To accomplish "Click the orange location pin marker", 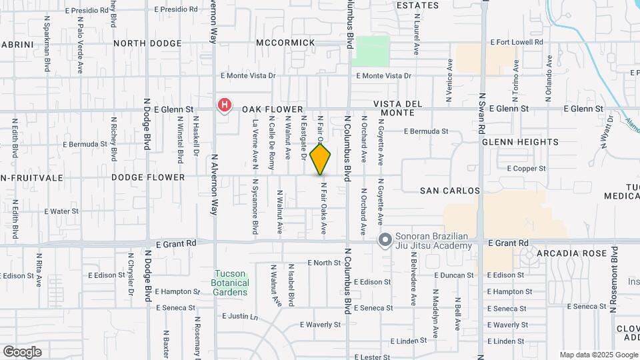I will [321, 159].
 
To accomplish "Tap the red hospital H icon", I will [225, 105].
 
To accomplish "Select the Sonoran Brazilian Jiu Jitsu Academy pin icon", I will [385, 240].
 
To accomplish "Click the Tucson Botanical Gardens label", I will [230, 283].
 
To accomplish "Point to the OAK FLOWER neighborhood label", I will [272, 109].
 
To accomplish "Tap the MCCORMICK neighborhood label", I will [285, 43].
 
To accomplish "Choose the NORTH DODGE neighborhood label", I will [147, 43].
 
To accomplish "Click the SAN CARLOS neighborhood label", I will [451, 191].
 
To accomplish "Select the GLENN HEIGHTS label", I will [520, 142].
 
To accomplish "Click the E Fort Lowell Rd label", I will [517, 42].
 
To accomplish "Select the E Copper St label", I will [527, 169].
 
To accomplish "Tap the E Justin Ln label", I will [240, 316].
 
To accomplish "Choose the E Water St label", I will [61, 211].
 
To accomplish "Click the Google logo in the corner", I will [22, 351].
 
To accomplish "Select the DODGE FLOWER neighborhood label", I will [148, 177].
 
